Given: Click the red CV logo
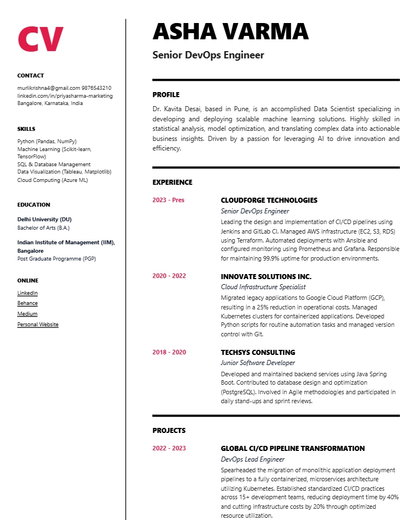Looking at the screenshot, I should [40, 38].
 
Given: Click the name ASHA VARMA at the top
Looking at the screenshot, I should [230, 31].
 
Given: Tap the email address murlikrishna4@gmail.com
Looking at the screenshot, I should [48, 88].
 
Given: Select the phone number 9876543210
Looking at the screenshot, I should [96, 88].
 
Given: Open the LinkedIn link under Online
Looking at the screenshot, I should [28, 293].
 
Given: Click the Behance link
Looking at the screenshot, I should [28, 303].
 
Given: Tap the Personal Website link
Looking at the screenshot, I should [38, 325].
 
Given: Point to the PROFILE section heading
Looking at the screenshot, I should [166, 95].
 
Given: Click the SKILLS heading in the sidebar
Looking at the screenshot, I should [26, 129].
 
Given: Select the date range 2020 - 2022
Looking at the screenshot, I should [169, 276].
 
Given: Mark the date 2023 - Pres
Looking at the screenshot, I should [168, 200].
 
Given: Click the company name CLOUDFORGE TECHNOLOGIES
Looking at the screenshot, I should [269, 200].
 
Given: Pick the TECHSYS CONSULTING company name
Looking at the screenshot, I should [258, 353].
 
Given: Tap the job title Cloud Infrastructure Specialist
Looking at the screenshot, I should [263, 287].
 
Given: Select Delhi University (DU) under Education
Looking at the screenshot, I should [44, 220].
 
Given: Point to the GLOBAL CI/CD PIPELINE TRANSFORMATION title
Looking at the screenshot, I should [293, 449].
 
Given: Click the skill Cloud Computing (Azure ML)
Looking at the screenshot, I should [53, 180].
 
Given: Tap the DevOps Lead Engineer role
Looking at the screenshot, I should [253, 459].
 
